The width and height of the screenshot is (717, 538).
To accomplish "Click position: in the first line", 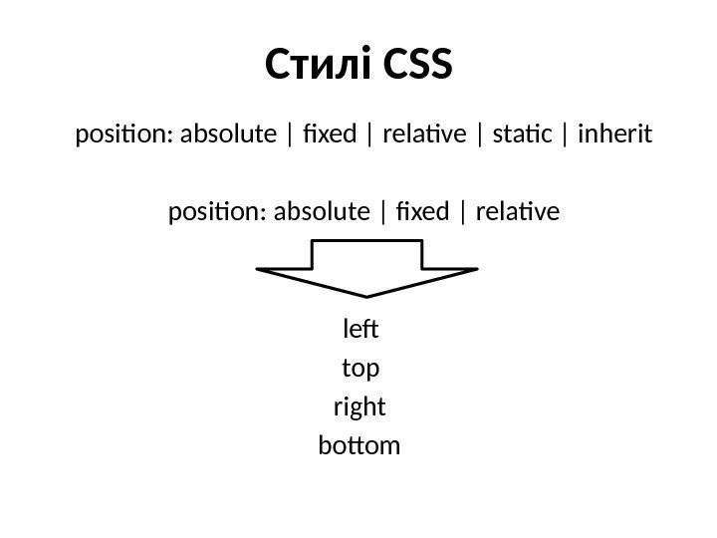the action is (x=120, y=134).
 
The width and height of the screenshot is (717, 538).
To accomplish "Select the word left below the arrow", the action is (x=359, y=329).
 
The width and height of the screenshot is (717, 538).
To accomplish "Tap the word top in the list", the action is (x=359, y=370).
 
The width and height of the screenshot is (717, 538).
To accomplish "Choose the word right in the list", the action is (x=359, y=408).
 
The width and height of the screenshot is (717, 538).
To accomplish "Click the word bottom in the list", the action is (x=359, y=446).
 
